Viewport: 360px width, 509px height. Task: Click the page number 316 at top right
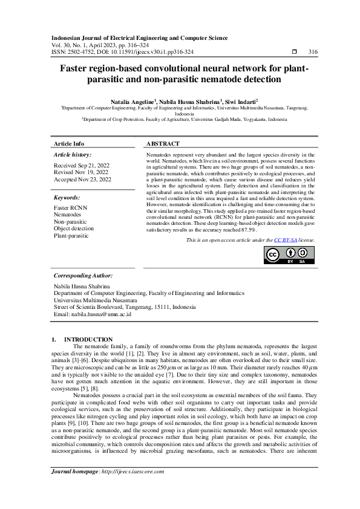pos(313,52)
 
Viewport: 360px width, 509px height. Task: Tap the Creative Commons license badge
pos(289,256)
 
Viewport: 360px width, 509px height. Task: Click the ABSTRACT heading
pos(163,144)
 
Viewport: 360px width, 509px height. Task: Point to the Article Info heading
pos(69,144)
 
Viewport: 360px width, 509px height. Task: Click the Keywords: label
pos(67,198)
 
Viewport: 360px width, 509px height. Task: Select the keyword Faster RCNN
pos(71,207)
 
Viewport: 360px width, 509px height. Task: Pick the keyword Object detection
pos(74,229)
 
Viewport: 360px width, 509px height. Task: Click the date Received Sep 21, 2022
pos(82,165)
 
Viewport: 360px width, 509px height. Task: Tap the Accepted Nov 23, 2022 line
pos(82,180)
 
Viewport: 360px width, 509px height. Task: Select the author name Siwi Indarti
pos(240,102)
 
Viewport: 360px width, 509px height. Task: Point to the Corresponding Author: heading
pos(84,275)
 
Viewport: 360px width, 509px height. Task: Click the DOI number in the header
pos(151,52)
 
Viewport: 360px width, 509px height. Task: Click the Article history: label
pos(73,155)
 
